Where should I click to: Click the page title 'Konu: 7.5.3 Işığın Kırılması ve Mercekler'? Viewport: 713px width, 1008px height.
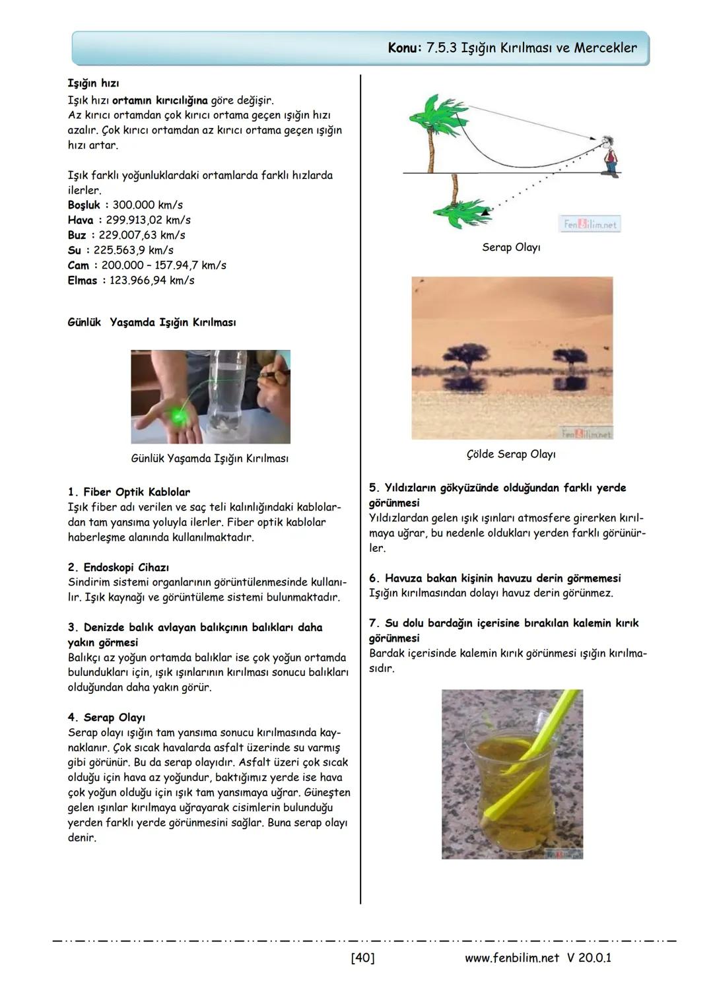(x=512, y=48)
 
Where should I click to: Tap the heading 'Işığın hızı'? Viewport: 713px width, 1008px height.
(x=93, y=84)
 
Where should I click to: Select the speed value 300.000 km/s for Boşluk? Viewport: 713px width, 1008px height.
(x=147, y=205)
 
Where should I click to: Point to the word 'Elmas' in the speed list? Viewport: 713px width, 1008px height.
(x=83, y=281)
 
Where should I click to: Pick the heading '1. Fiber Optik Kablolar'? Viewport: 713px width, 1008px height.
(x=129, y=492)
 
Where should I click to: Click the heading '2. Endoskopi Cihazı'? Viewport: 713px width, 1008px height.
(x=118, y=568)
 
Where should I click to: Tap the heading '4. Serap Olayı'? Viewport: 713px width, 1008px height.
(x=106, y=718)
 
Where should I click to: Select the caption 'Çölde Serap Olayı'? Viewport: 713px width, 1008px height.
(x=511, y=454)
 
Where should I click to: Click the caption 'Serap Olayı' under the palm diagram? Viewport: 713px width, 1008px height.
(x=511, y=248)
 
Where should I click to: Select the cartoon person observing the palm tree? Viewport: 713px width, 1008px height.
(x=611, y=156)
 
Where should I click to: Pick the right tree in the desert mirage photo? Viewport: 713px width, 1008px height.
(x=569, y=357)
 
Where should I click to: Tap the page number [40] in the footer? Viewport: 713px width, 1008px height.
(x=362, y=957)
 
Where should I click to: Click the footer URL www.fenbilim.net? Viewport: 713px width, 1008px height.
(x=512, y=957)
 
